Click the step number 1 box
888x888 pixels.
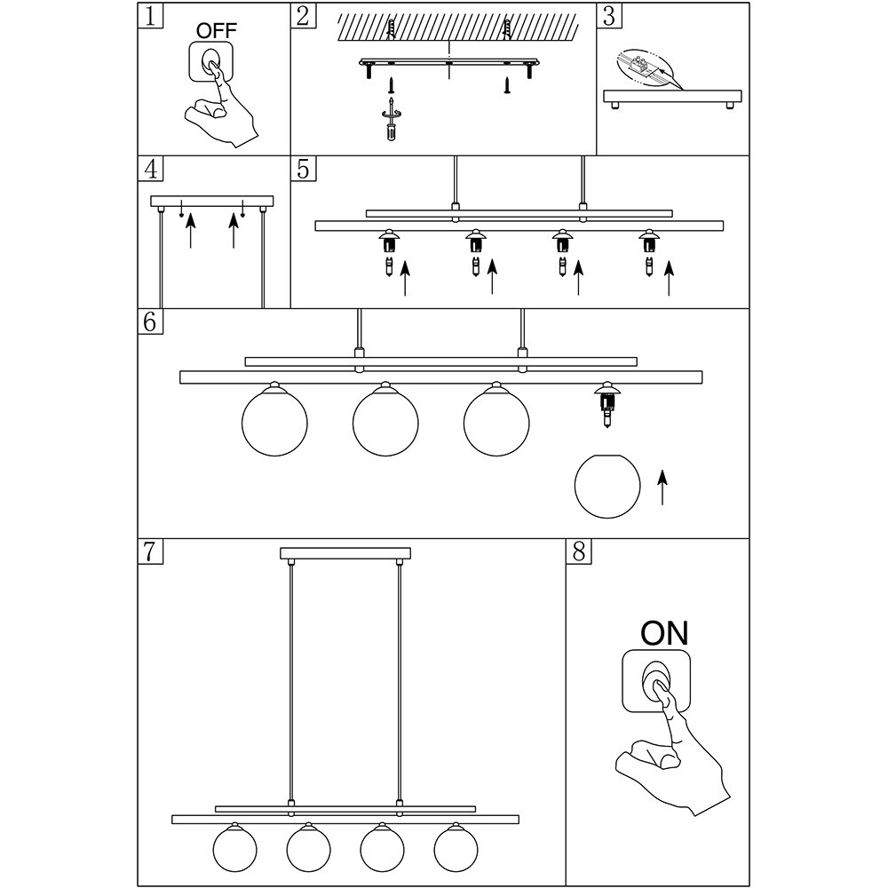tap(151, 15)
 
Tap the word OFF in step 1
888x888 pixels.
tap(217, 31)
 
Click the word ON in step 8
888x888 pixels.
tap(664, 633)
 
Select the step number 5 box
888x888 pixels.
tap(304, 169)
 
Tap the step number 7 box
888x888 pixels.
tap(151, 551)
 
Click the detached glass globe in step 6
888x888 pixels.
tap(607, 486)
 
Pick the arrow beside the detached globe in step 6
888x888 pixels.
tap(662, 487)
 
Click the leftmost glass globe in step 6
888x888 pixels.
tap(274, 420)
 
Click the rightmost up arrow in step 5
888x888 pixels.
tap(669, 278)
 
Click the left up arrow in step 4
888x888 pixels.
tap(190, 230)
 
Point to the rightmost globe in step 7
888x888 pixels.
tap(456, 848)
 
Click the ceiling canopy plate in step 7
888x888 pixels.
tap(345, 553)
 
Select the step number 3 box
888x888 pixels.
tap(609, 15)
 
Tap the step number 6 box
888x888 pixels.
tap(151, 321)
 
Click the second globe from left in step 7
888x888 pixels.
tap(309, 848)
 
